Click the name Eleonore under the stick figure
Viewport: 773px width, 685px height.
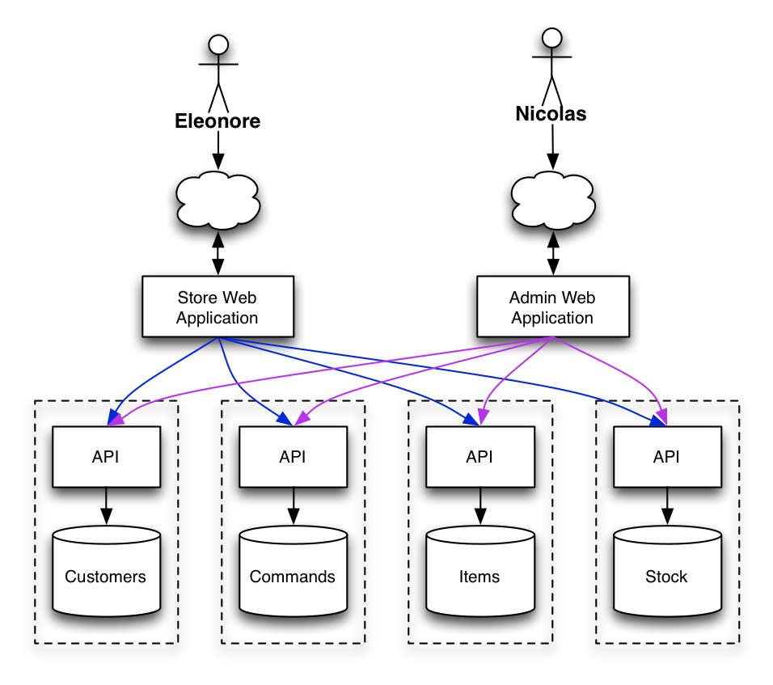[x=218, y=121]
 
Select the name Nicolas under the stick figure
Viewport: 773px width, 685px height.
[x=551, y=114]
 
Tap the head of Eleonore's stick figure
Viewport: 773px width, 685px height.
[x=218, y=44]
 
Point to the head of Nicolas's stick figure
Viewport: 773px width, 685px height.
[x=551, y=37]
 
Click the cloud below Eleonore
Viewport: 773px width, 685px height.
[x=218, y=201]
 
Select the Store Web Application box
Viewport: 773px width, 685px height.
[x=218, y=307]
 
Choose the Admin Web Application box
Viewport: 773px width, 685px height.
[x=552, y=307]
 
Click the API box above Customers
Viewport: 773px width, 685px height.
[x=106, y=457]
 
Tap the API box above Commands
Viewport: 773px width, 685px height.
[x=293, y=457]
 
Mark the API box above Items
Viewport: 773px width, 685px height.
[x=479, y=457]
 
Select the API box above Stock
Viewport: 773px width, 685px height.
[x=666, y=457]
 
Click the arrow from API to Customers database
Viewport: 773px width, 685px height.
[x=106, y=506]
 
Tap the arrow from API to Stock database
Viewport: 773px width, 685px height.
[x=666, y=506]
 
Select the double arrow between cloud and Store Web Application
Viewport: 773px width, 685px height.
[x=218, y=254]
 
